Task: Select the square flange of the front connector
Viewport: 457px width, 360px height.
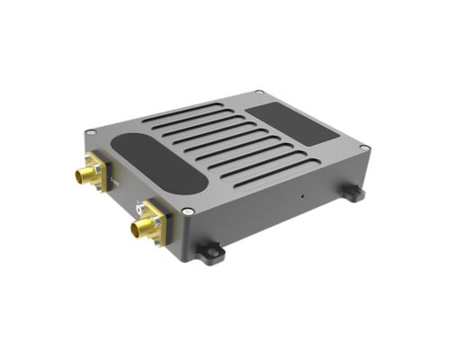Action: coord(152,220)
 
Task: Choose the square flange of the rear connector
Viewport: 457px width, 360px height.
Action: coord(98,168)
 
